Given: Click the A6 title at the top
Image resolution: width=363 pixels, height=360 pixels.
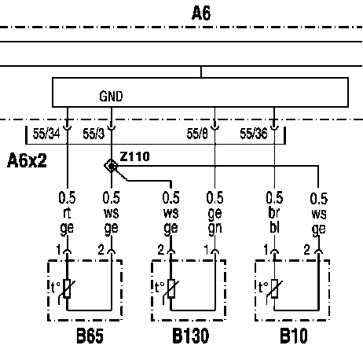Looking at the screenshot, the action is [201, 13].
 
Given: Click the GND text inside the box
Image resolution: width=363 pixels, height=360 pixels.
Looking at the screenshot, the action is [111, 96].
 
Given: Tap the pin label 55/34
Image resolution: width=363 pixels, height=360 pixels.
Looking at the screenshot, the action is [46, 134].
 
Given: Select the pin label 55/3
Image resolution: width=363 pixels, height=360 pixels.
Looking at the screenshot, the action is [93, 134].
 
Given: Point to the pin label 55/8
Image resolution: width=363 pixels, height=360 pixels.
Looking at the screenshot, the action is [197, 134].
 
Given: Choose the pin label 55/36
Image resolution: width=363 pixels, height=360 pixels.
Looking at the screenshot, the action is [254, 134].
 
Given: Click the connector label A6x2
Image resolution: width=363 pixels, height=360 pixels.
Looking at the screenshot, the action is [27, 160].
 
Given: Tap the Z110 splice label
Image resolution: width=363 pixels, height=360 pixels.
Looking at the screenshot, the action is [135, 156].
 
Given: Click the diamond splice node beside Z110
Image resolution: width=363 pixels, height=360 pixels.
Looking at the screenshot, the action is [111, 166].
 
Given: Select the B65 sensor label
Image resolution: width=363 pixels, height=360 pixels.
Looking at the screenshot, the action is [90, 336].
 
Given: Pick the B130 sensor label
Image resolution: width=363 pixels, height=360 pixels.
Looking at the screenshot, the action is [191, 336].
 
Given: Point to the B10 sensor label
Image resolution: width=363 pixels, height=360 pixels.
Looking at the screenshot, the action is [294, 336].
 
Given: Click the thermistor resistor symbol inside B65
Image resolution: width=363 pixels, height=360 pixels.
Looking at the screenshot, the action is [67, 288].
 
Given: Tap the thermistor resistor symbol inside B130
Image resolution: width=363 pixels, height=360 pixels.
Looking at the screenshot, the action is [171, 288].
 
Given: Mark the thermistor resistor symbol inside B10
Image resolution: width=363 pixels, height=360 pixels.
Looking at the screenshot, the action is [274, 288].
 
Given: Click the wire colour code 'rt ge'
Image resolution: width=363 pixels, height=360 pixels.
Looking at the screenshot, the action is [67, 221].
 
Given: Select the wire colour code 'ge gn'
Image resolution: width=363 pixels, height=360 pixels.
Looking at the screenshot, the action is [214, 221].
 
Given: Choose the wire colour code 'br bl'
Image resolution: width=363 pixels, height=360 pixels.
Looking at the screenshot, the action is [274, 220].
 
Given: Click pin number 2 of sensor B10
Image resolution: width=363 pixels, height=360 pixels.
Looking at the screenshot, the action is [306, 250].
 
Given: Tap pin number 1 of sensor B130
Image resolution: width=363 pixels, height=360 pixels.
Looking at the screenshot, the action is [207, 250].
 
